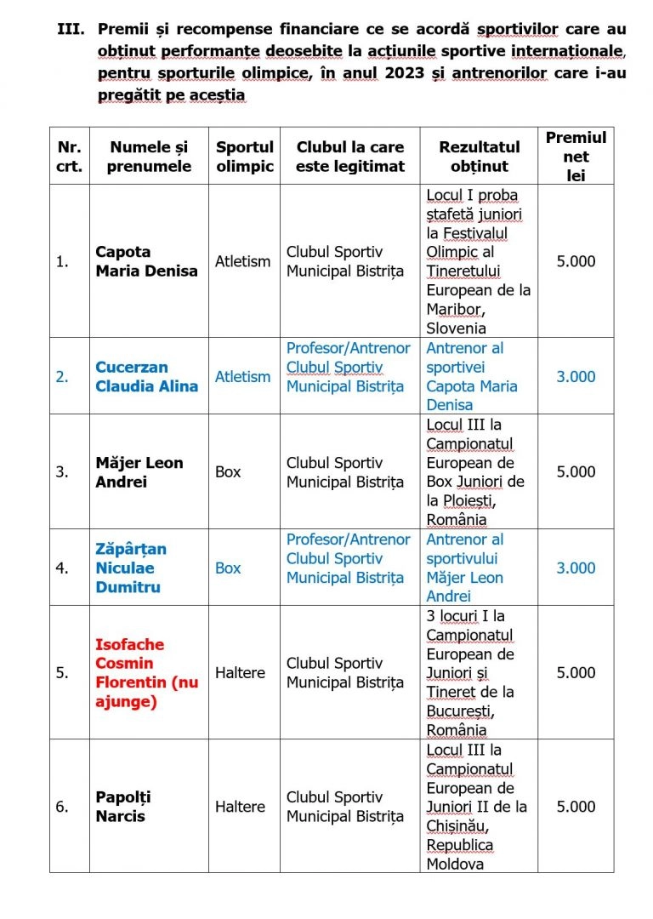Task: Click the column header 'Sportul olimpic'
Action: pyautogui.click(x=244, y=157)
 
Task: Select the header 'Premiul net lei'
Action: pyautogui.click(x=576, y=157)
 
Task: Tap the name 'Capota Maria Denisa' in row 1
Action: pyautogui.click(x=146, y=261)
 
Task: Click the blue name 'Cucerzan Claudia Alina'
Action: pyautogui.click(x=146, y=376)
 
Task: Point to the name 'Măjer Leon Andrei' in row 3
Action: pyautogui.click(x=139, y=472)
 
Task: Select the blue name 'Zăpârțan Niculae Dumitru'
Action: pyautogui.click(x=131, y=568)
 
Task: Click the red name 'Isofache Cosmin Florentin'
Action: pyautogui.click(x=146, y=672)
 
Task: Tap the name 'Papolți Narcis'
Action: pyautogui.click(x=123, y=807)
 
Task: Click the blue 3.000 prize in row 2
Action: pyautogui.click(x=576, y=376)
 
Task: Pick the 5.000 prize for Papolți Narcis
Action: pyautogui.click(x=576, y=807)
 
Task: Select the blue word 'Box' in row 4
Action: pyautogui.click(x=228, y=568)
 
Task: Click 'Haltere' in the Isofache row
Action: pyautogui.click(x=240, y=672)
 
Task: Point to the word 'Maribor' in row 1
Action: pyautogui.click(x=454, y=309)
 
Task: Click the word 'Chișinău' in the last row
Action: pyautogui.click(x=454, y=825)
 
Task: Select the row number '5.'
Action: pyautogui.click(x=63, y=672)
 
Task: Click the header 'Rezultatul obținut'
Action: pyautogui.click(x=479, y=157)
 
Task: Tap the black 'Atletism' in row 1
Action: pyautogui.click(x=242, y=261)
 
